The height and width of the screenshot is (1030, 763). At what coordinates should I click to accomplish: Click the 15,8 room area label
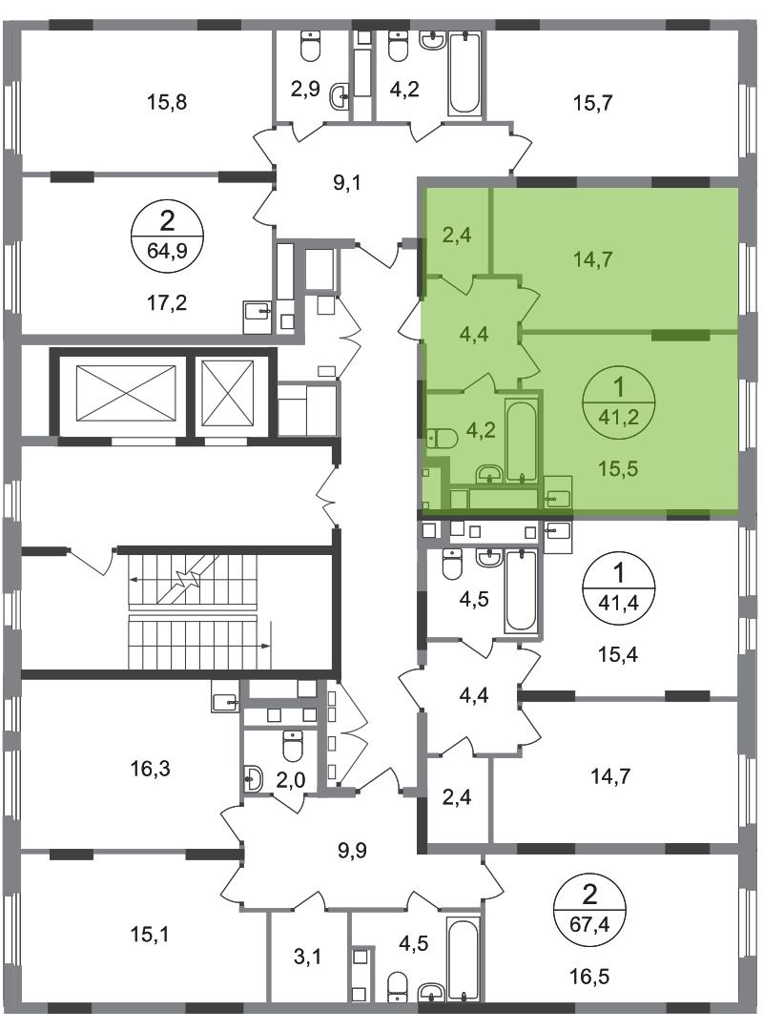(167, 102)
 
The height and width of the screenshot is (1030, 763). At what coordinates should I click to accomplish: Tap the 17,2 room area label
(167, 303)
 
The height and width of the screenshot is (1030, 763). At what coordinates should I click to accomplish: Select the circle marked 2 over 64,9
(167, 231)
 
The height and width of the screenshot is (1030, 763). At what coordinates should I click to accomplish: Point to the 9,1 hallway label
(347, 182)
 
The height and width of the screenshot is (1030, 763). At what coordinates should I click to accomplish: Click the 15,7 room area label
(593, 102)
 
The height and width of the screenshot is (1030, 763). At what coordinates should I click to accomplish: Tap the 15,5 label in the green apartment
(618, 469)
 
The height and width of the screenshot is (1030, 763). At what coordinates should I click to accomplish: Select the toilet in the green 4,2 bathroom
(442, 438)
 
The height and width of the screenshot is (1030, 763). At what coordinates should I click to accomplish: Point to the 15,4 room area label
(618, 654)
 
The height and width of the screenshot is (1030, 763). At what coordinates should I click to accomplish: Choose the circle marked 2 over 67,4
(589, 911)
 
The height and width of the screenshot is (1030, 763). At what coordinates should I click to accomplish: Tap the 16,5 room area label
(589, 977)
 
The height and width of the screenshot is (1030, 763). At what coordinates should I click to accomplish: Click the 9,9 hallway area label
(352, 851)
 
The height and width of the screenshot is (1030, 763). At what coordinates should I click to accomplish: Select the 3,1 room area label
(307, 958)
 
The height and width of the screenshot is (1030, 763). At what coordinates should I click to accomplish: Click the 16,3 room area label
(151, 768)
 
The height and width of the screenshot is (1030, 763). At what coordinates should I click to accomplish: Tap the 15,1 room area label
(151, 934)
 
